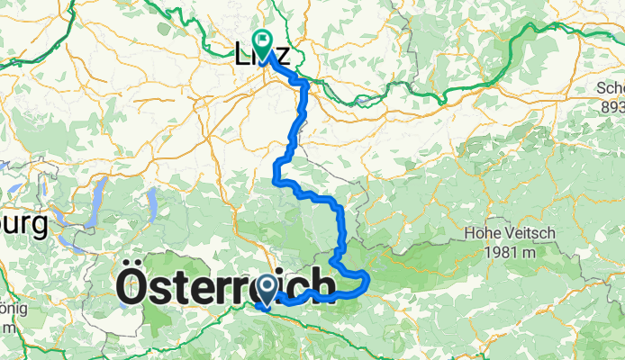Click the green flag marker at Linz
(263, 40)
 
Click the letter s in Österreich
(168, 290)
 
